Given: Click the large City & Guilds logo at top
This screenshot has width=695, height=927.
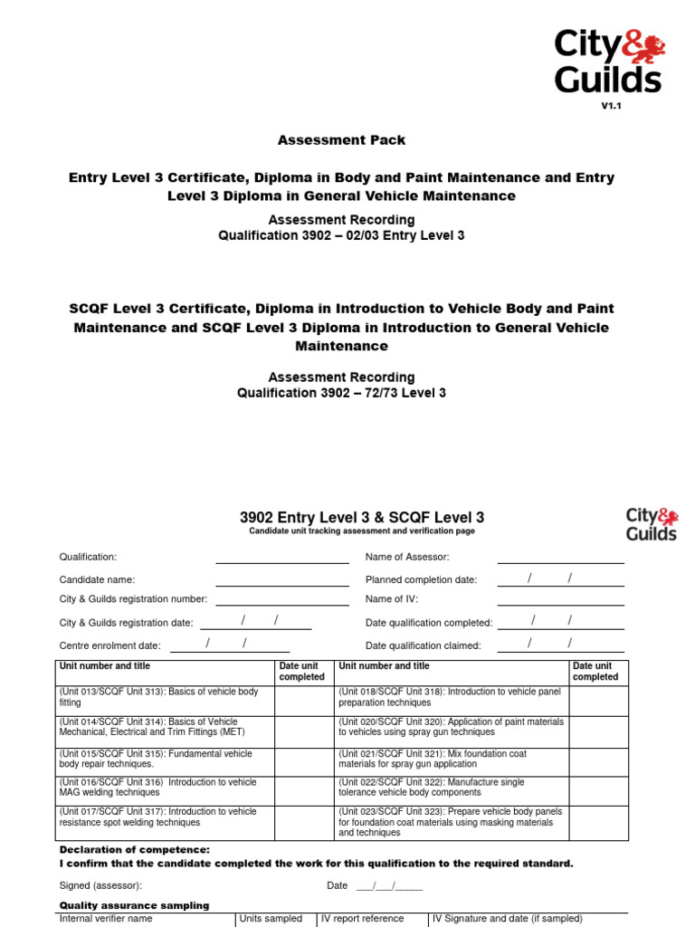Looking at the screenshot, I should point(609,61).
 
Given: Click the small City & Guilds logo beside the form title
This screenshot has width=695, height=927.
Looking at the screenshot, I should point(651,524).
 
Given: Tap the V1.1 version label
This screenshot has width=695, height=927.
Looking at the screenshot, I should point(613,106).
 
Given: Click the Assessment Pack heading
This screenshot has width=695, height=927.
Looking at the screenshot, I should point(341,140).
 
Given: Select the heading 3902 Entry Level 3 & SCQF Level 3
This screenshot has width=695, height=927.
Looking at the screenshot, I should point(362,517).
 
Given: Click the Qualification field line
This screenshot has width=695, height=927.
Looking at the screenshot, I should point(281,558).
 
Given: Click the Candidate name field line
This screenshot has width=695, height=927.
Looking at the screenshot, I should point(281,579).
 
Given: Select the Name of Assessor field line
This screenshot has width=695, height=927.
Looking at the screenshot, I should point(560,558).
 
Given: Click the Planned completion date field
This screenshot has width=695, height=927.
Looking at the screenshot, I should point(560,579).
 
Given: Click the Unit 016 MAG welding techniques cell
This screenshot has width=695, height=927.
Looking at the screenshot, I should point(167,788).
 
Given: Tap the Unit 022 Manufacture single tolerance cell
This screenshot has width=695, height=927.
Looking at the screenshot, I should point(451,788).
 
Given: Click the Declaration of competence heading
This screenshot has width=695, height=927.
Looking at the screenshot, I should point(134,849).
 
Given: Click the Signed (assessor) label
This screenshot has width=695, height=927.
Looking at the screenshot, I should point(100,885).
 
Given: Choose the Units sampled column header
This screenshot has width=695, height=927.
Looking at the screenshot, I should point(271,919).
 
